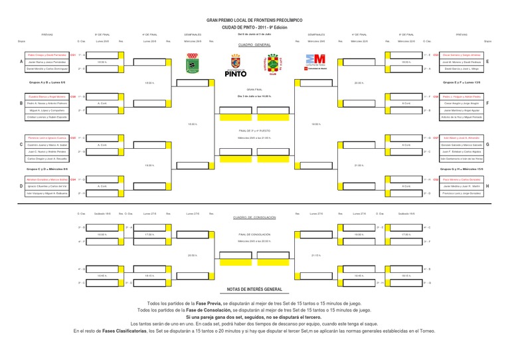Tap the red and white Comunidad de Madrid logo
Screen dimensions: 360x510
(x=315, y=62)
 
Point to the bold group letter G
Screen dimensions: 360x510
(x=487, y=144)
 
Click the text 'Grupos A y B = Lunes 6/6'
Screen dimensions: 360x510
(x=46, y=82)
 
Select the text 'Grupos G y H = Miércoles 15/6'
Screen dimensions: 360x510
(x=462, y=169)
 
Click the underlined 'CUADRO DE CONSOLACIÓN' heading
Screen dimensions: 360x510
(x=255, y=217)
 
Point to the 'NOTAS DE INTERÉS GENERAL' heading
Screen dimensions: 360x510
(x=255, y=290)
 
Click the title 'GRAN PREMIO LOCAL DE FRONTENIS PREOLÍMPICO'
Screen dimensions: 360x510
(x=255, y=21)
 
